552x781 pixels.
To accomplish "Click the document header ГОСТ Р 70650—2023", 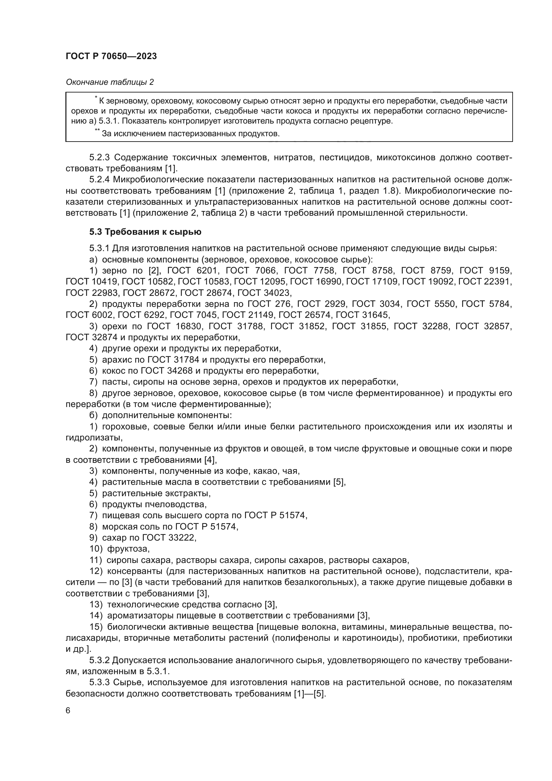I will (x=111, y=56).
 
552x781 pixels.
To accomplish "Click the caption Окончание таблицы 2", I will (x=109, y=82).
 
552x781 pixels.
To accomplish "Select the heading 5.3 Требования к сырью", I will (x=145, y=232).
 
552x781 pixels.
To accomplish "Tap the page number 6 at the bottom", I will (x=68, y=711).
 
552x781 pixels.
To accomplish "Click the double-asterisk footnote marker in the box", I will (x=97, y=131).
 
